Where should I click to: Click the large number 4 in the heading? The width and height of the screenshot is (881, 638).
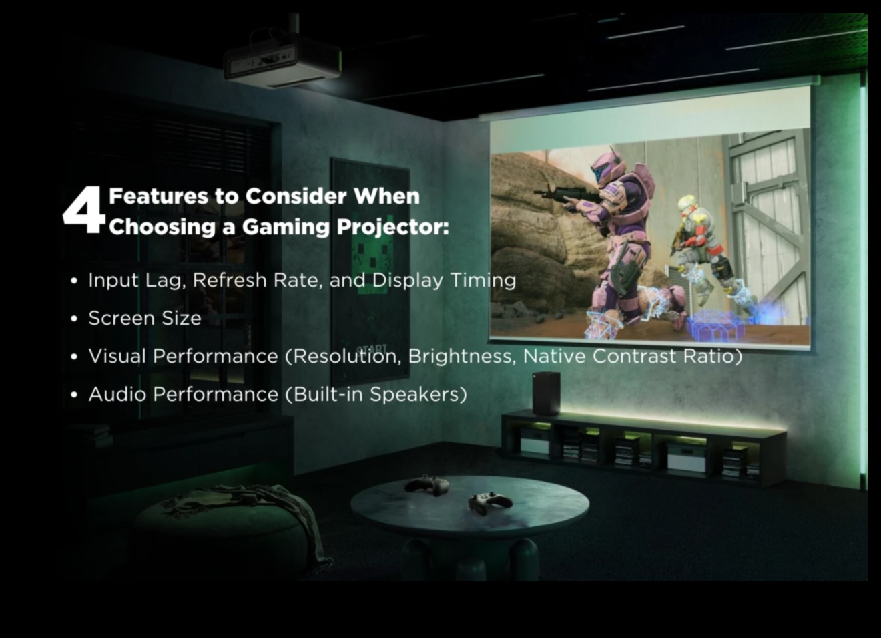click(84, 210)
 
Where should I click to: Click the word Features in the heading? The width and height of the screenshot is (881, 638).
click(158, 196)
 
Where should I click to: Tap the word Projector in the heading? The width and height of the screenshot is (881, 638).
click(392, 228)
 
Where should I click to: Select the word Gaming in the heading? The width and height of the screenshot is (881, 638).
click(285, 228)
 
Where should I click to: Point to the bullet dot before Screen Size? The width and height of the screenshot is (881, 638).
click(74, 319)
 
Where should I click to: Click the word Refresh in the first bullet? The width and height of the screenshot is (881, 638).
click(230, 280)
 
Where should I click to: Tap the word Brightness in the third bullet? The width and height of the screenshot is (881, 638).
click(462, 357)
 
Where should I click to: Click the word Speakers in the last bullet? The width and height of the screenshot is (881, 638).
click(418, 395)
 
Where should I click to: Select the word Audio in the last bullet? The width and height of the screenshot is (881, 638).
click(117, 394)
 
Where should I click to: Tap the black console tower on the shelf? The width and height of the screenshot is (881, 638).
click(547, 393)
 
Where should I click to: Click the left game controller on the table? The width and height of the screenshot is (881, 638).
click(427, 485)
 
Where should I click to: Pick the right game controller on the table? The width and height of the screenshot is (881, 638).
click(490, 502)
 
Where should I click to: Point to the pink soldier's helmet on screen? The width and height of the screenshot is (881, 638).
click(606, 168)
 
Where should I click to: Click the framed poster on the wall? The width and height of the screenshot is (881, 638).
click(370, 272)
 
